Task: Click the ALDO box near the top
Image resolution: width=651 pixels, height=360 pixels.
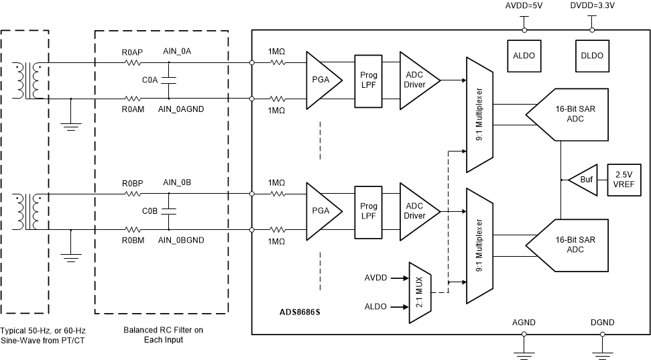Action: (524, 56)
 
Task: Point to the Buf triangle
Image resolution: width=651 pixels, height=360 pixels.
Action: (583, 180)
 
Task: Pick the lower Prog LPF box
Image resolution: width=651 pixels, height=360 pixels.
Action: (369, 211)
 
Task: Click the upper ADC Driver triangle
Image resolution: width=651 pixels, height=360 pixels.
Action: (416, 80)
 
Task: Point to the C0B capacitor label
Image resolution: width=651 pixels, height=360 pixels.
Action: (150, 211)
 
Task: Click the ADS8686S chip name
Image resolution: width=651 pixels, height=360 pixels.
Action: (300, 312)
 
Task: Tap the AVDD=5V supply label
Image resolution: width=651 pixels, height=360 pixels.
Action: (524, 6)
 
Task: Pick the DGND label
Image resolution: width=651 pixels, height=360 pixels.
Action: (601, 322)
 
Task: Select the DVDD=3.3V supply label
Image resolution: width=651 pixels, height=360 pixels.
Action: (591, 6)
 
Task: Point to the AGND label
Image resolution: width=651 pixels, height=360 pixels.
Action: (524, 322)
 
